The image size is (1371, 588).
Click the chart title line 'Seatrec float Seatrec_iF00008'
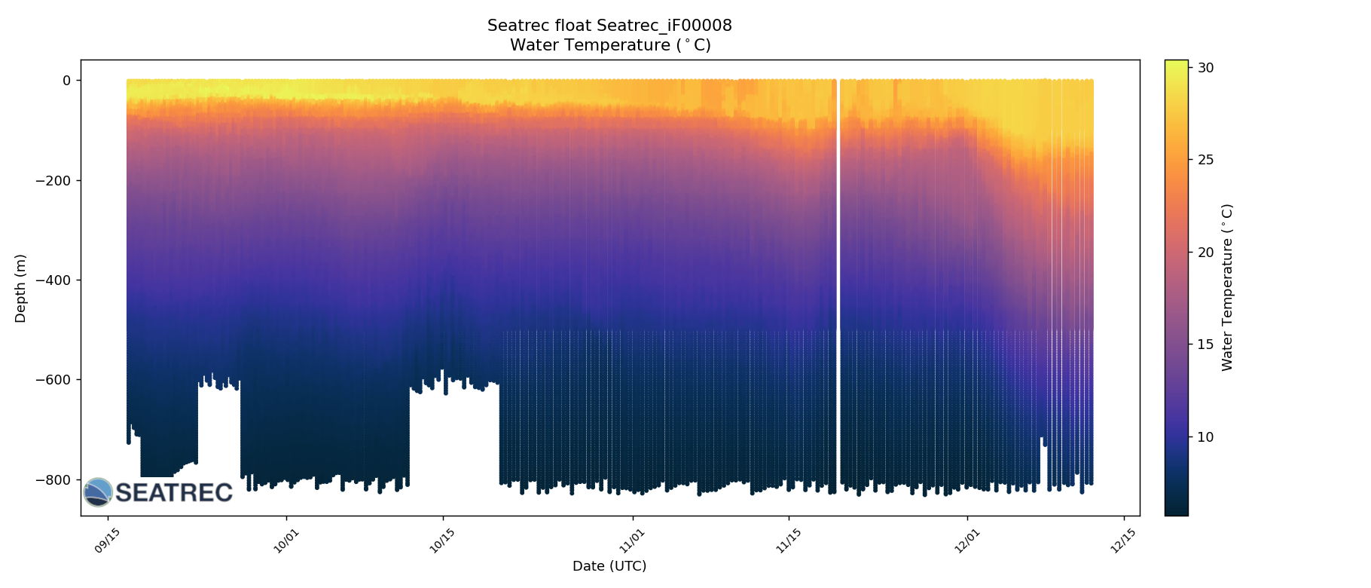[609, 26]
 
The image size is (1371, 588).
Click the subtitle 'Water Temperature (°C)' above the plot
[609, 45]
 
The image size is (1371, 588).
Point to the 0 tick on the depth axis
[66, 81]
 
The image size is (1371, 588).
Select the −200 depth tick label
[58, 180]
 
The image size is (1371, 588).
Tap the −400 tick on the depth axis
[58, 280]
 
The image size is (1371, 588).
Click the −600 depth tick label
[58, 380]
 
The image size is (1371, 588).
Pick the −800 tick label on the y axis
[58, 480]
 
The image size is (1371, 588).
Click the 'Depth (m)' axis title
[20, 288]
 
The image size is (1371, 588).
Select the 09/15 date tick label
[107, 541]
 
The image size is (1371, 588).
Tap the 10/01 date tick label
[286, 541]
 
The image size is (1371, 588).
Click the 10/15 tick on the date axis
[442, 541]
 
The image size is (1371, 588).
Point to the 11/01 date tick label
[632, 541]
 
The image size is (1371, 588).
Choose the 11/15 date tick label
[788, 541]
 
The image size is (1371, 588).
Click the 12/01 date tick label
[967, 541]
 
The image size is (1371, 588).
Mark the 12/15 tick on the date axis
[1123, 541]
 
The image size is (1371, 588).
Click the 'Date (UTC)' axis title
[609, 566]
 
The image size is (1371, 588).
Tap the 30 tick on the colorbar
[1206, 68]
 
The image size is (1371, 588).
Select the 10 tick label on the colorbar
[1206, 437]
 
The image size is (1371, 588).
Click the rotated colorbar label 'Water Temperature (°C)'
[1228, 288]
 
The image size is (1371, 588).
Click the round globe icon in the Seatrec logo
[98, 492]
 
